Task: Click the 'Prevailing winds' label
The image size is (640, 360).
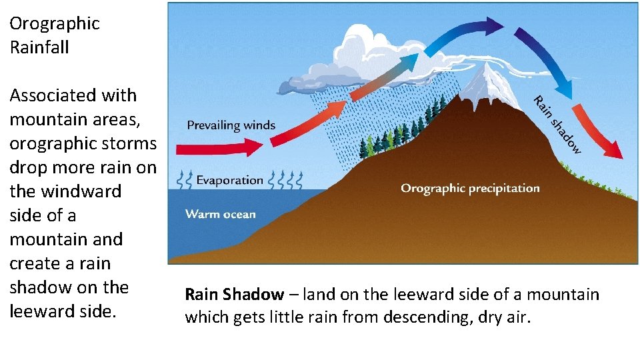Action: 231,125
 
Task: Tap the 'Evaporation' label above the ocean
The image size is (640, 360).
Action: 229,180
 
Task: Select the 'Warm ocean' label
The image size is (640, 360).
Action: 220,214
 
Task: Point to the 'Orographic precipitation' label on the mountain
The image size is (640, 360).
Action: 470,188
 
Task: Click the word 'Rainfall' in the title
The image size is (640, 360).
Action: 39,47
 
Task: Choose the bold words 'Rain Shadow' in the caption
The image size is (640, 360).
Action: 233,294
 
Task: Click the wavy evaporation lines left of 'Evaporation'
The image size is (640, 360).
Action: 185,180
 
